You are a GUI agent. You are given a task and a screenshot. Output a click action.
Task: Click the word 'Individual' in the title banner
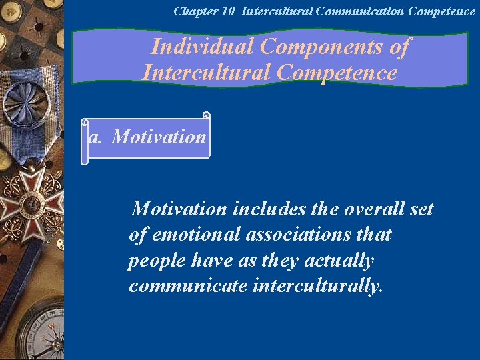point(203,47)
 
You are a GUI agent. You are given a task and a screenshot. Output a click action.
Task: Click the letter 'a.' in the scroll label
point(95,137)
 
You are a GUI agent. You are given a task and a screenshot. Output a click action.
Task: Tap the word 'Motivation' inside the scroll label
point(159,137)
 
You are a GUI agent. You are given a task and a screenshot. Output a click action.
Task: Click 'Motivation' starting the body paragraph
point(180,209)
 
